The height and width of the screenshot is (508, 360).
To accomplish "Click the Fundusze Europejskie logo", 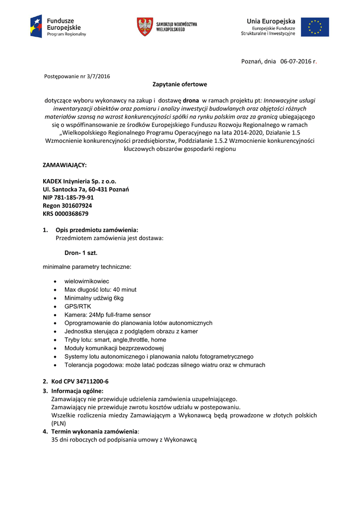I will click(x=58, y=26).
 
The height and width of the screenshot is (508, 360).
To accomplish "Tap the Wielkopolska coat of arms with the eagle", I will click(x=144, y=27).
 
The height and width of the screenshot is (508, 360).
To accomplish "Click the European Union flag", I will click(x=318, y=27).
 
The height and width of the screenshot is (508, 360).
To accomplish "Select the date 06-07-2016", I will click(x=295, y=62).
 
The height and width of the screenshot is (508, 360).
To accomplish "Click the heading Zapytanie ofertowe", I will click(x=180, y=84).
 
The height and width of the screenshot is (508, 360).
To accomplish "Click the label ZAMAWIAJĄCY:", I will click(x=65, y=165).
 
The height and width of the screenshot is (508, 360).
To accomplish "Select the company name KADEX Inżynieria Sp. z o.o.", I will click(x=79, y=181).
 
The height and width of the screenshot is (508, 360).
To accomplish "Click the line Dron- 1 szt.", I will click(x=81, y=253).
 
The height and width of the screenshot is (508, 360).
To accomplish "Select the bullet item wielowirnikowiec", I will click(x=87, y=281).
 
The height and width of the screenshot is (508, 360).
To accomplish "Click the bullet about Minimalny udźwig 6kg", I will click(x=94, y=298).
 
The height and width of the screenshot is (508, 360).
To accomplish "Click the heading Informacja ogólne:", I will click(x=77, y=391).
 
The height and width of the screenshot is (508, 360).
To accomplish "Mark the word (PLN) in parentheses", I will click(x=59, y=423).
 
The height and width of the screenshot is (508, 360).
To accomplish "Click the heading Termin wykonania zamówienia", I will click(x=94, y=431).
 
